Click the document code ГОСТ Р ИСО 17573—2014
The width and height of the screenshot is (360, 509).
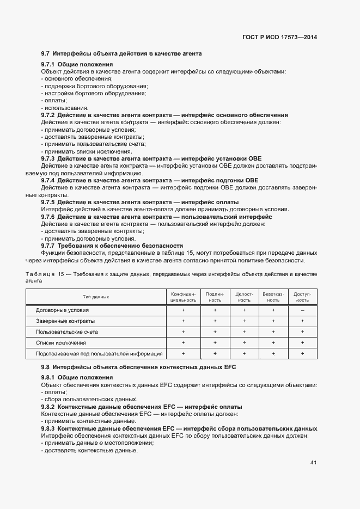(280, 38)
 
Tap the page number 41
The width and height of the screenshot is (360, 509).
(313, 463)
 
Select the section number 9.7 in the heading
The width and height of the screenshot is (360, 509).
(46, 54)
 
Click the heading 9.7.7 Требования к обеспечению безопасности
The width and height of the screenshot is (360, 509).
(112, 246)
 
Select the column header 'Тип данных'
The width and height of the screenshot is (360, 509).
(96, 297)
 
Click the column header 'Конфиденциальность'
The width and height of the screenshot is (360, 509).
(183, 297)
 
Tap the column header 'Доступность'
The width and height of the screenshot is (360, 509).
(302, 297)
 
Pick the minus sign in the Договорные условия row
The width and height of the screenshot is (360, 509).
(302, 310)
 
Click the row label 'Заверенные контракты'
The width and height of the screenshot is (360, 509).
(65, 321)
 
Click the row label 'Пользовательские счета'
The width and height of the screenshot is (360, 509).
(67, 332)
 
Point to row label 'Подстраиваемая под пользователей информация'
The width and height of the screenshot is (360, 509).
(99, 354)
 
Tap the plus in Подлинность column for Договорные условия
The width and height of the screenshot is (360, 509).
(215, 310)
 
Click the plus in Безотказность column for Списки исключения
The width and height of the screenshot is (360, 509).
(273, 343)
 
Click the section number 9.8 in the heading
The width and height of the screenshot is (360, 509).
(46, 367)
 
